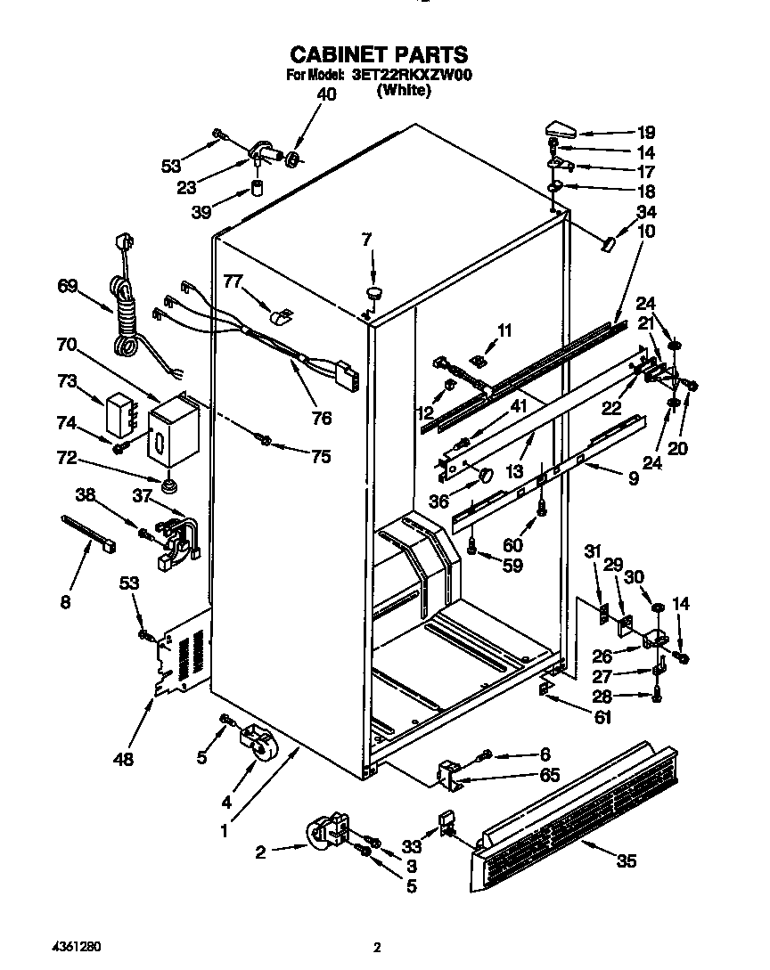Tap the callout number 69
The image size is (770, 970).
68,286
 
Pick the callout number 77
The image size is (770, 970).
233,282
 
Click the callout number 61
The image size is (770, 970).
602,715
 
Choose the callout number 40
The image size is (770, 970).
327,94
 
